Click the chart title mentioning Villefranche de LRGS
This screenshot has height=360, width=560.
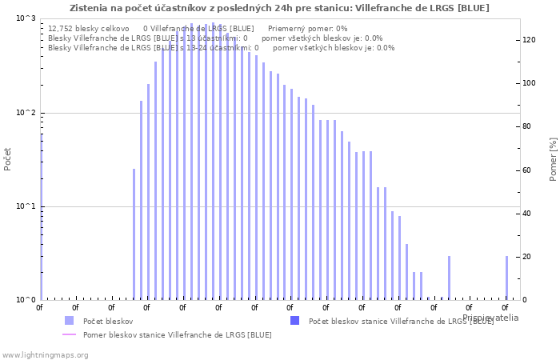click(279, 8)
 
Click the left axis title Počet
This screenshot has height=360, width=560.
click(8, 158)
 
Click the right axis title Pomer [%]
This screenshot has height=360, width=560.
click(553, 158)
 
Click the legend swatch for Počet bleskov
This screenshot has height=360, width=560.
click(69, 321)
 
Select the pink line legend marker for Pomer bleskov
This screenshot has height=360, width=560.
click(69, 335)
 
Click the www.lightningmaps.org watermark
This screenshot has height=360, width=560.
click(45, 354)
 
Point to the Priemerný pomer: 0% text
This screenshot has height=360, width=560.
click(307, 28)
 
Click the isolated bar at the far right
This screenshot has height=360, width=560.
click(506, 278)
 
